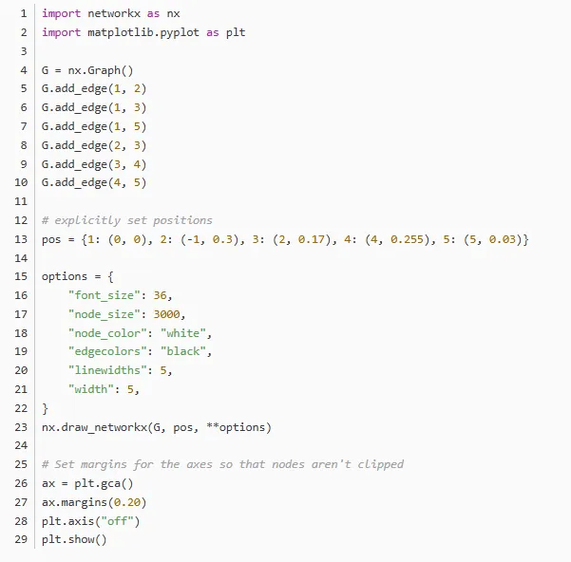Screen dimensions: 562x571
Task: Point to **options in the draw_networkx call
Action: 237,426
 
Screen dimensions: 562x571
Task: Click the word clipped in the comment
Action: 379,464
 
